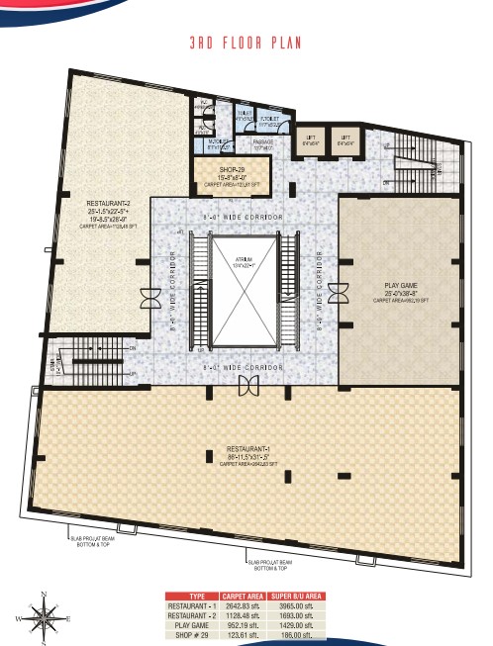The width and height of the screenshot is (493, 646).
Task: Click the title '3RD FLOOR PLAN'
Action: point(245,45)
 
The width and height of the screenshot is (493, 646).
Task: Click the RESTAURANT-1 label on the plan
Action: point(243,453)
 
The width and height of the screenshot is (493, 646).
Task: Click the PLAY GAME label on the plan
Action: point(401,288)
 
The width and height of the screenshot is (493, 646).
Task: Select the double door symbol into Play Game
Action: point(338,293)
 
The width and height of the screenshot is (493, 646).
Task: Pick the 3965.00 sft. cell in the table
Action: point(300,606)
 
